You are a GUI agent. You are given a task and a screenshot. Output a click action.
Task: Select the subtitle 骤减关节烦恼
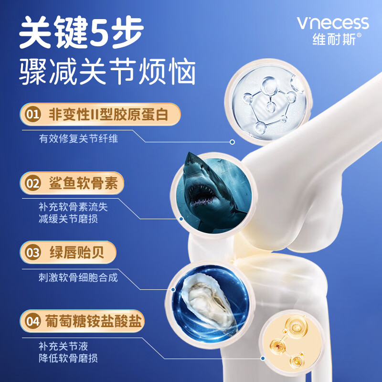(x=108, y=74)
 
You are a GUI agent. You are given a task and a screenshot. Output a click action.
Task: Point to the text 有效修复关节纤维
(x=78, y=139)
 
